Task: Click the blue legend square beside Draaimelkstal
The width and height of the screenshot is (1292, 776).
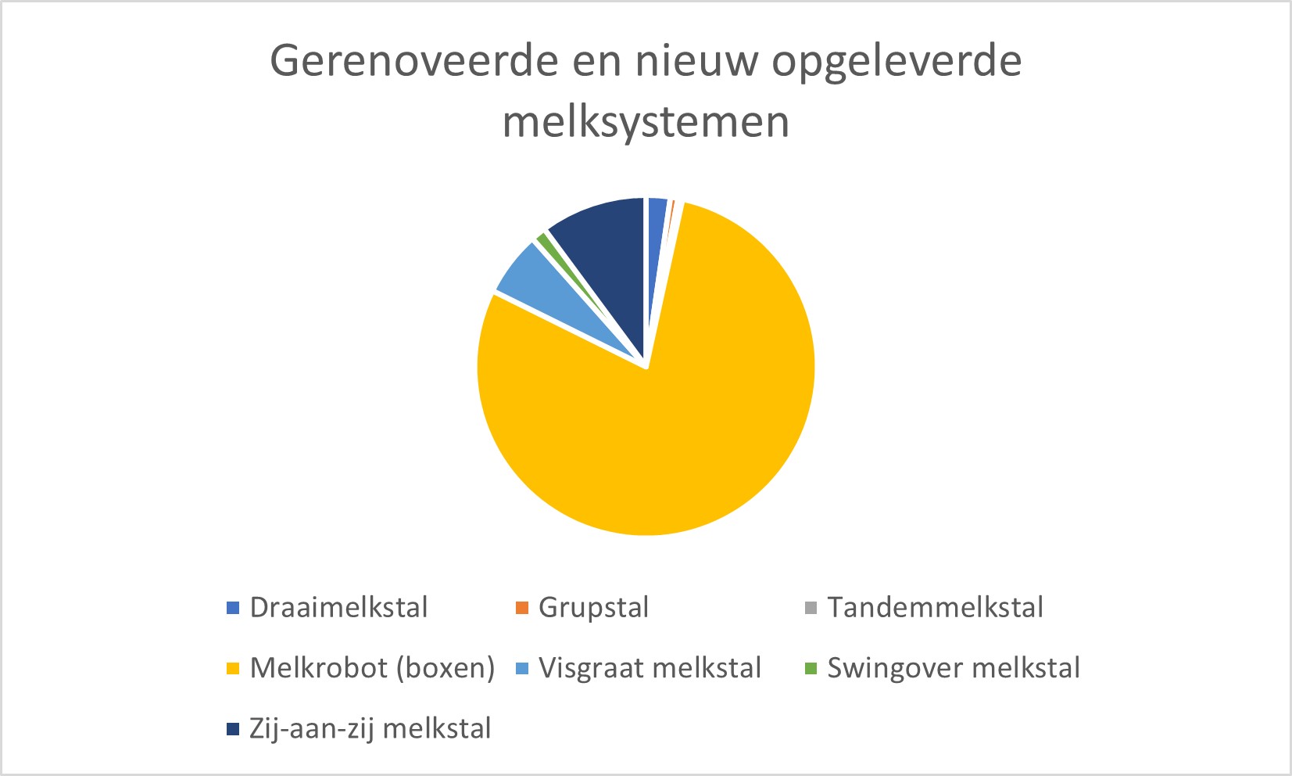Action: pos(233,608)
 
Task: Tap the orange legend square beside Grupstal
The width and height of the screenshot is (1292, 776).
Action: pos(522,608)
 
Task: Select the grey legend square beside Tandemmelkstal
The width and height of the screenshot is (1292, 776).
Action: pos(811,608)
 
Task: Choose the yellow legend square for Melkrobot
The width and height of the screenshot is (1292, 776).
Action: pos(233,669)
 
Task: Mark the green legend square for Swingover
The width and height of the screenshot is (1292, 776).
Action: pos(811,669)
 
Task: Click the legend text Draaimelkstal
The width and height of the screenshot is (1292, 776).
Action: pos(338,607)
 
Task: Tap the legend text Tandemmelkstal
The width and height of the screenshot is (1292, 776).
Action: pos(936,607)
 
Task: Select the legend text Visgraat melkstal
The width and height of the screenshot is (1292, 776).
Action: pos(650,669)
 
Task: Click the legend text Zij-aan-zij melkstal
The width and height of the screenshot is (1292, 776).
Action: pos(370,728)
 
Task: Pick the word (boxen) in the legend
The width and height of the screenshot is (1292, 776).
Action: pos(446,669)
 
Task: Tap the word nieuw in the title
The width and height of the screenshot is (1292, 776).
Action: pos(696,61)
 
